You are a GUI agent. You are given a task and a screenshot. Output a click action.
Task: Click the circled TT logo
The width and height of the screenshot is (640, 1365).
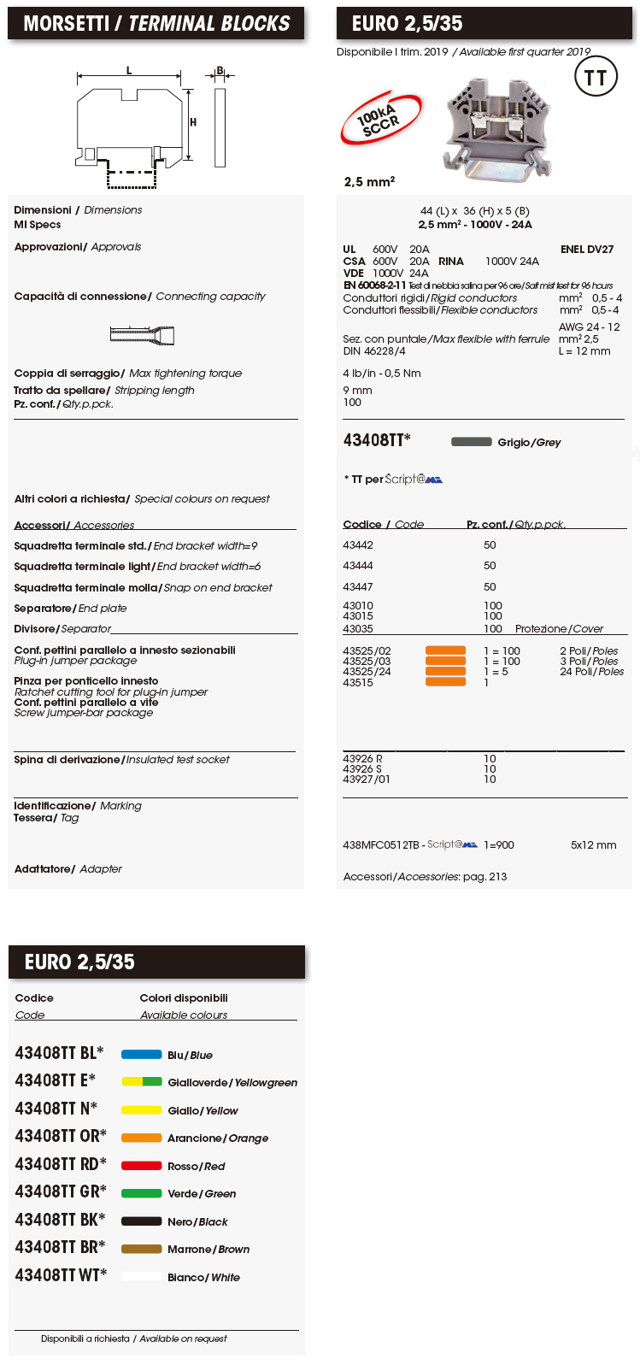(x=596, y=79)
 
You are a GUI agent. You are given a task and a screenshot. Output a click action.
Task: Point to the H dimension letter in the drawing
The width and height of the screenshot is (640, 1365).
(x=193, y=122)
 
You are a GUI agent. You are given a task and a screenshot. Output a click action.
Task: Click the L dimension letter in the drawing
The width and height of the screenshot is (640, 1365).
(x=129, y=71)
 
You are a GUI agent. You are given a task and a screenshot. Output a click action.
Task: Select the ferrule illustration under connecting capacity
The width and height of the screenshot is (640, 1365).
(x=142, y=335)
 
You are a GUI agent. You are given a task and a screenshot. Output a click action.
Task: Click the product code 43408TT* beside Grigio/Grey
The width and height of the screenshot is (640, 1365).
(x=377, y=440)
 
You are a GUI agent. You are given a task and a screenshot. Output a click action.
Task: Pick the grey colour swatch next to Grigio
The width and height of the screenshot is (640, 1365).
(x=471, y=442)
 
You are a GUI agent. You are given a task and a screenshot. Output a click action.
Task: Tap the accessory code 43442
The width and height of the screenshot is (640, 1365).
(x=358, y=545)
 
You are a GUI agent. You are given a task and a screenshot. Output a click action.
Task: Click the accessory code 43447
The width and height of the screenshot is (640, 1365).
(x=358, y=587)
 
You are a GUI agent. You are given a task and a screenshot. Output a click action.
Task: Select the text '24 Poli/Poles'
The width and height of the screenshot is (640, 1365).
(x=591, y=672)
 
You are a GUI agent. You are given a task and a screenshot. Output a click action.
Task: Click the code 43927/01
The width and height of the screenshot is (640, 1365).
(x=367, y=780)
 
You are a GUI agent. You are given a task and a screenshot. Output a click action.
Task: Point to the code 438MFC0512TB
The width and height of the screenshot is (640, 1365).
(x=381, y=845)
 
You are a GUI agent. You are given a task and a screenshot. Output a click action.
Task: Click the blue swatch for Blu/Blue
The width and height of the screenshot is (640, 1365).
(x=141, y=1055)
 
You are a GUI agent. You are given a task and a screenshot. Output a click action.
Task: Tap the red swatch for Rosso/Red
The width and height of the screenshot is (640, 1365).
(x=141, y=1166)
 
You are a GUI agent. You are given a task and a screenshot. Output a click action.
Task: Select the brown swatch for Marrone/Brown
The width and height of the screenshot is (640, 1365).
(x=141, y=1249)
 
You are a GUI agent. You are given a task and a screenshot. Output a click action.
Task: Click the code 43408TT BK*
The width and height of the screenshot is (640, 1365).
(x=60, y=1220)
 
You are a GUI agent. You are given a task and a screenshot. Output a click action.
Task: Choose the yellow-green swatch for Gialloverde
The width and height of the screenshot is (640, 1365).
(x=141, y=1082)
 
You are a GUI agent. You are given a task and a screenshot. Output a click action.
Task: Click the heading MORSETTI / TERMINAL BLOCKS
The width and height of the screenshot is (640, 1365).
(x=156, y=24)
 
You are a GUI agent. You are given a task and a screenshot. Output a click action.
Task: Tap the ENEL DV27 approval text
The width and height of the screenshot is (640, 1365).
(x=587, y=250)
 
